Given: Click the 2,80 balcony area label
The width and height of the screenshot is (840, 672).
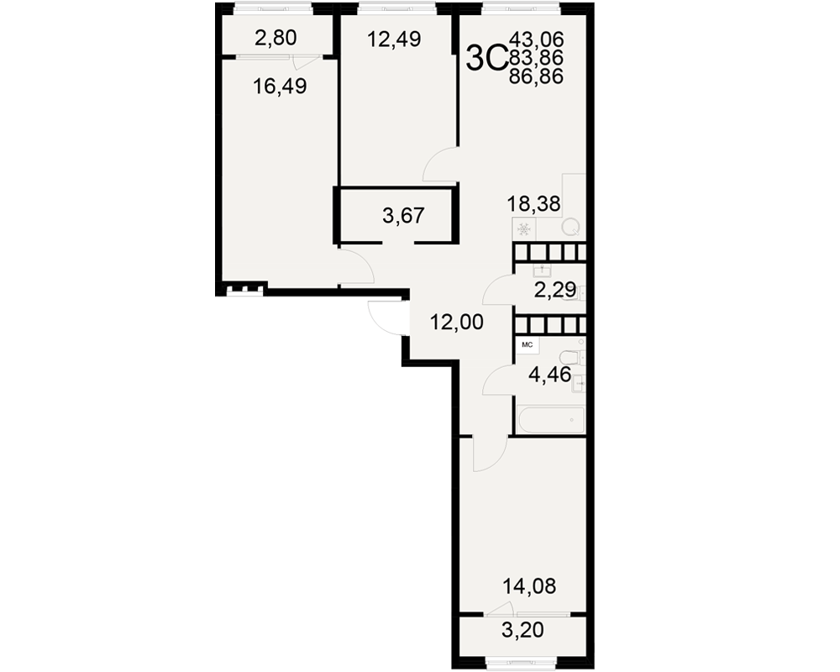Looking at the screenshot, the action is [276, 38].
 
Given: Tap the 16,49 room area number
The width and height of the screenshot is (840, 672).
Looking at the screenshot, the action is [280, 86].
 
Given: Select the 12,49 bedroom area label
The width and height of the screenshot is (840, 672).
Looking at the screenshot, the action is [394, 39].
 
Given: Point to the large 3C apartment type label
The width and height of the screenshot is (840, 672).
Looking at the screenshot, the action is [486, 57].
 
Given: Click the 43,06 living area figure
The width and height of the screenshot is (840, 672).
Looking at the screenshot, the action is [537, 39].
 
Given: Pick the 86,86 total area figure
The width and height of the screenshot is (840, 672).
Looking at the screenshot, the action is [537, 76].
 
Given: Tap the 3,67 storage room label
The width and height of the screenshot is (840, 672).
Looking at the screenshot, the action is [403, 215].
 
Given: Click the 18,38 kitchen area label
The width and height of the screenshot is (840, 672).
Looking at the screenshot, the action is [534, 203].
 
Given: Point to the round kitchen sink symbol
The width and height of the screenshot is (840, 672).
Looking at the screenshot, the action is [570, 228].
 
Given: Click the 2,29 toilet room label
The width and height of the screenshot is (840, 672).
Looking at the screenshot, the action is [555, 290].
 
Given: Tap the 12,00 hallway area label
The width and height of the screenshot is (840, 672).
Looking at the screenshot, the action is [457, 322].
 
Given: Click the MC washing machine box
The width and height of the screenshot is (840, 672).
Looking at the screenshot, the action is [528, 345].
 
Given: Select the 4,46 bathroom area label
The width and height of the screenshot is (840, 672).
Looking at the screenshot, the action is [549, 375].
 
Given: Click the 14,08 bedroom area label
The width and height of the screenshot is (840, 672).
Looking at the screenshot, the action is [529, 586].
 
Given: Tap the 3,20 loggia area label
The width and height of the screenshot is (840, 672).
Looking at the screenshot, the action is [522, 630].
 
